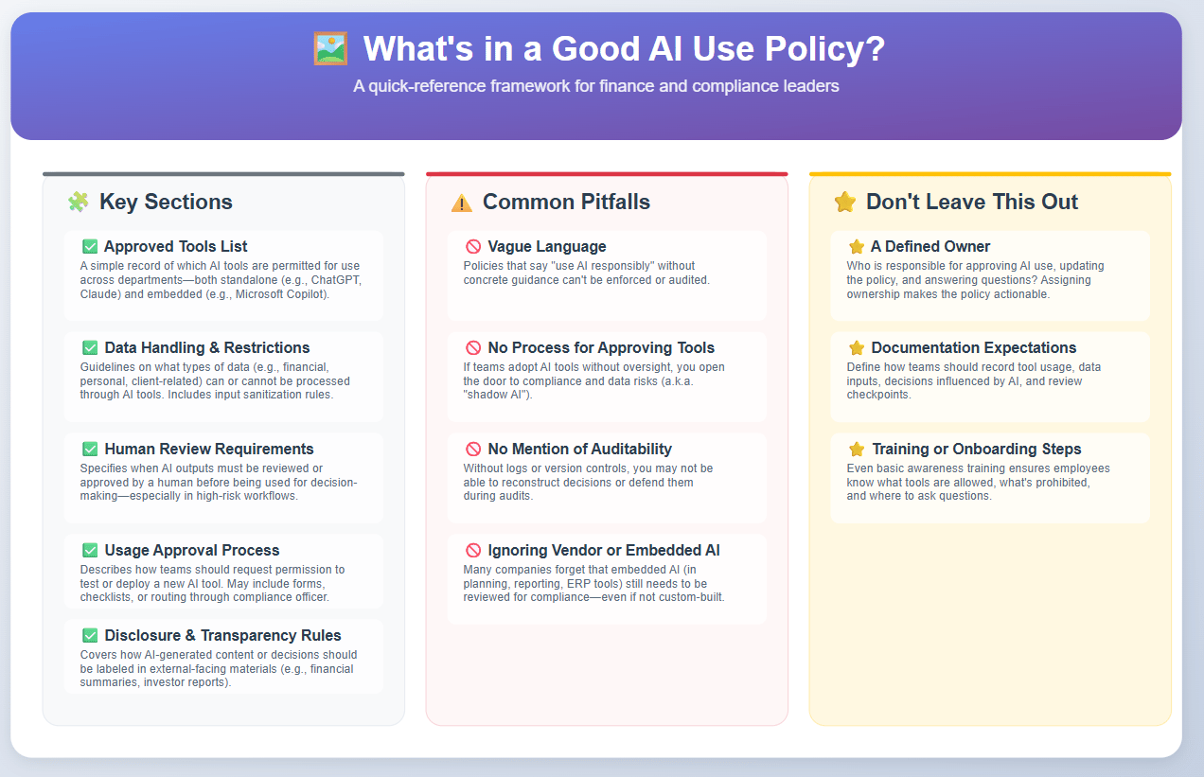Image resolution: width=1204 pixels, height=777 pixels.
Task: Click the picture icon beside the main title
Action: [x=330, y=49]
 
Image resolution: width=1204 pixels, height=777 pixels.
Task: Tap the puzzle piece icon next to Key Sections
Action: [x=79, y=202]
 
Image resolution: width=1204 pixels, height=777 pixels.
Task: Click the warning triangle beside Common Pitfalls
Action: [x=462, y=203]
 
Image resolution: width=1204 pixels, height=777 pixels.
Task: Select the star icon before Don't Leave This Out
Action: [x=845, y=202]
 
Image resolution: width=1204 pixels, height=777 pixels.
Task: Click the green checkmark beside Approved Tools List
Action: [x=90, y=247]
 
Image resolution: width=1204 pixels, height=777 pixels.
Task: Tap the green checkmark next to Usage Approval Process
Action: [x=90, y=550]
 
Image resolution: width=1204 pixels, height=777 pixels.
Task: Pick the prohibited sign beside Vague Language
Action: [x=473, y=247]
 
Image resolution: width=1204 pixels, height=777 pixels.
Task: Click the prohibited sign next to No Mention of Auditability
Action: [x=473, y=449]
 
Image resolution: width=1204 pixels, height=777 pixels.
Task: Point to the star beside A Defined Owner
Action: [x=857, y=247]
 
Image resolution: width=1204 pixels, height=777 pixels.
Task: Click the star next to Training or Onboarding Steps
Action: [x=857, y=449]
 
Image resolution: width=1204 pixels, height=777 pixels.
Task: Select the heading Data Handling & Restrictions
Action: [x=207, y=347]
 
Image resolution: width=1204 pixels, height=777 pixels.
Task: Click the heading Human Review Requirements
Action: [x=209, y=449]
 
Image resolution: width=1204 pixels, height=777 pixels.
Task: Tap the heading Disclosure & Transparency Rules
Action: [x=222, y=635]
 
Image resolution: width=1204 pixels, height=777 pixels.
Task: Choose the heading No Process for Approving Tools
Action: [x=601, y=347]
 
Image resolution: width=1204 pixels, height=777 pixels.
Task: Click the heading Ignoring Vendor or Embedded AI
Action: [x=604, y=550]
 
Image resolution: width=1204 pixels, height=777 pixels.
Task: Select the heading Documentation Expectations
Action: [x=973, y=347]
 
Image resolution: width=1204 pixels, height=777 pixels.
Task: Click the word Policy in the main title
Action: [x=825, y=49]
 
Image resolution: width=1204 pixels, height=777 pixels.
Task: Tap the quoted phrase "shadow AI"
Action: [x=497, y=395]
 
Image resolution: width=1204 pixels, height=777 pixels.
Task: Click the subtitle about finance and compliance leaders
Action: [x=596, y=86]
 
